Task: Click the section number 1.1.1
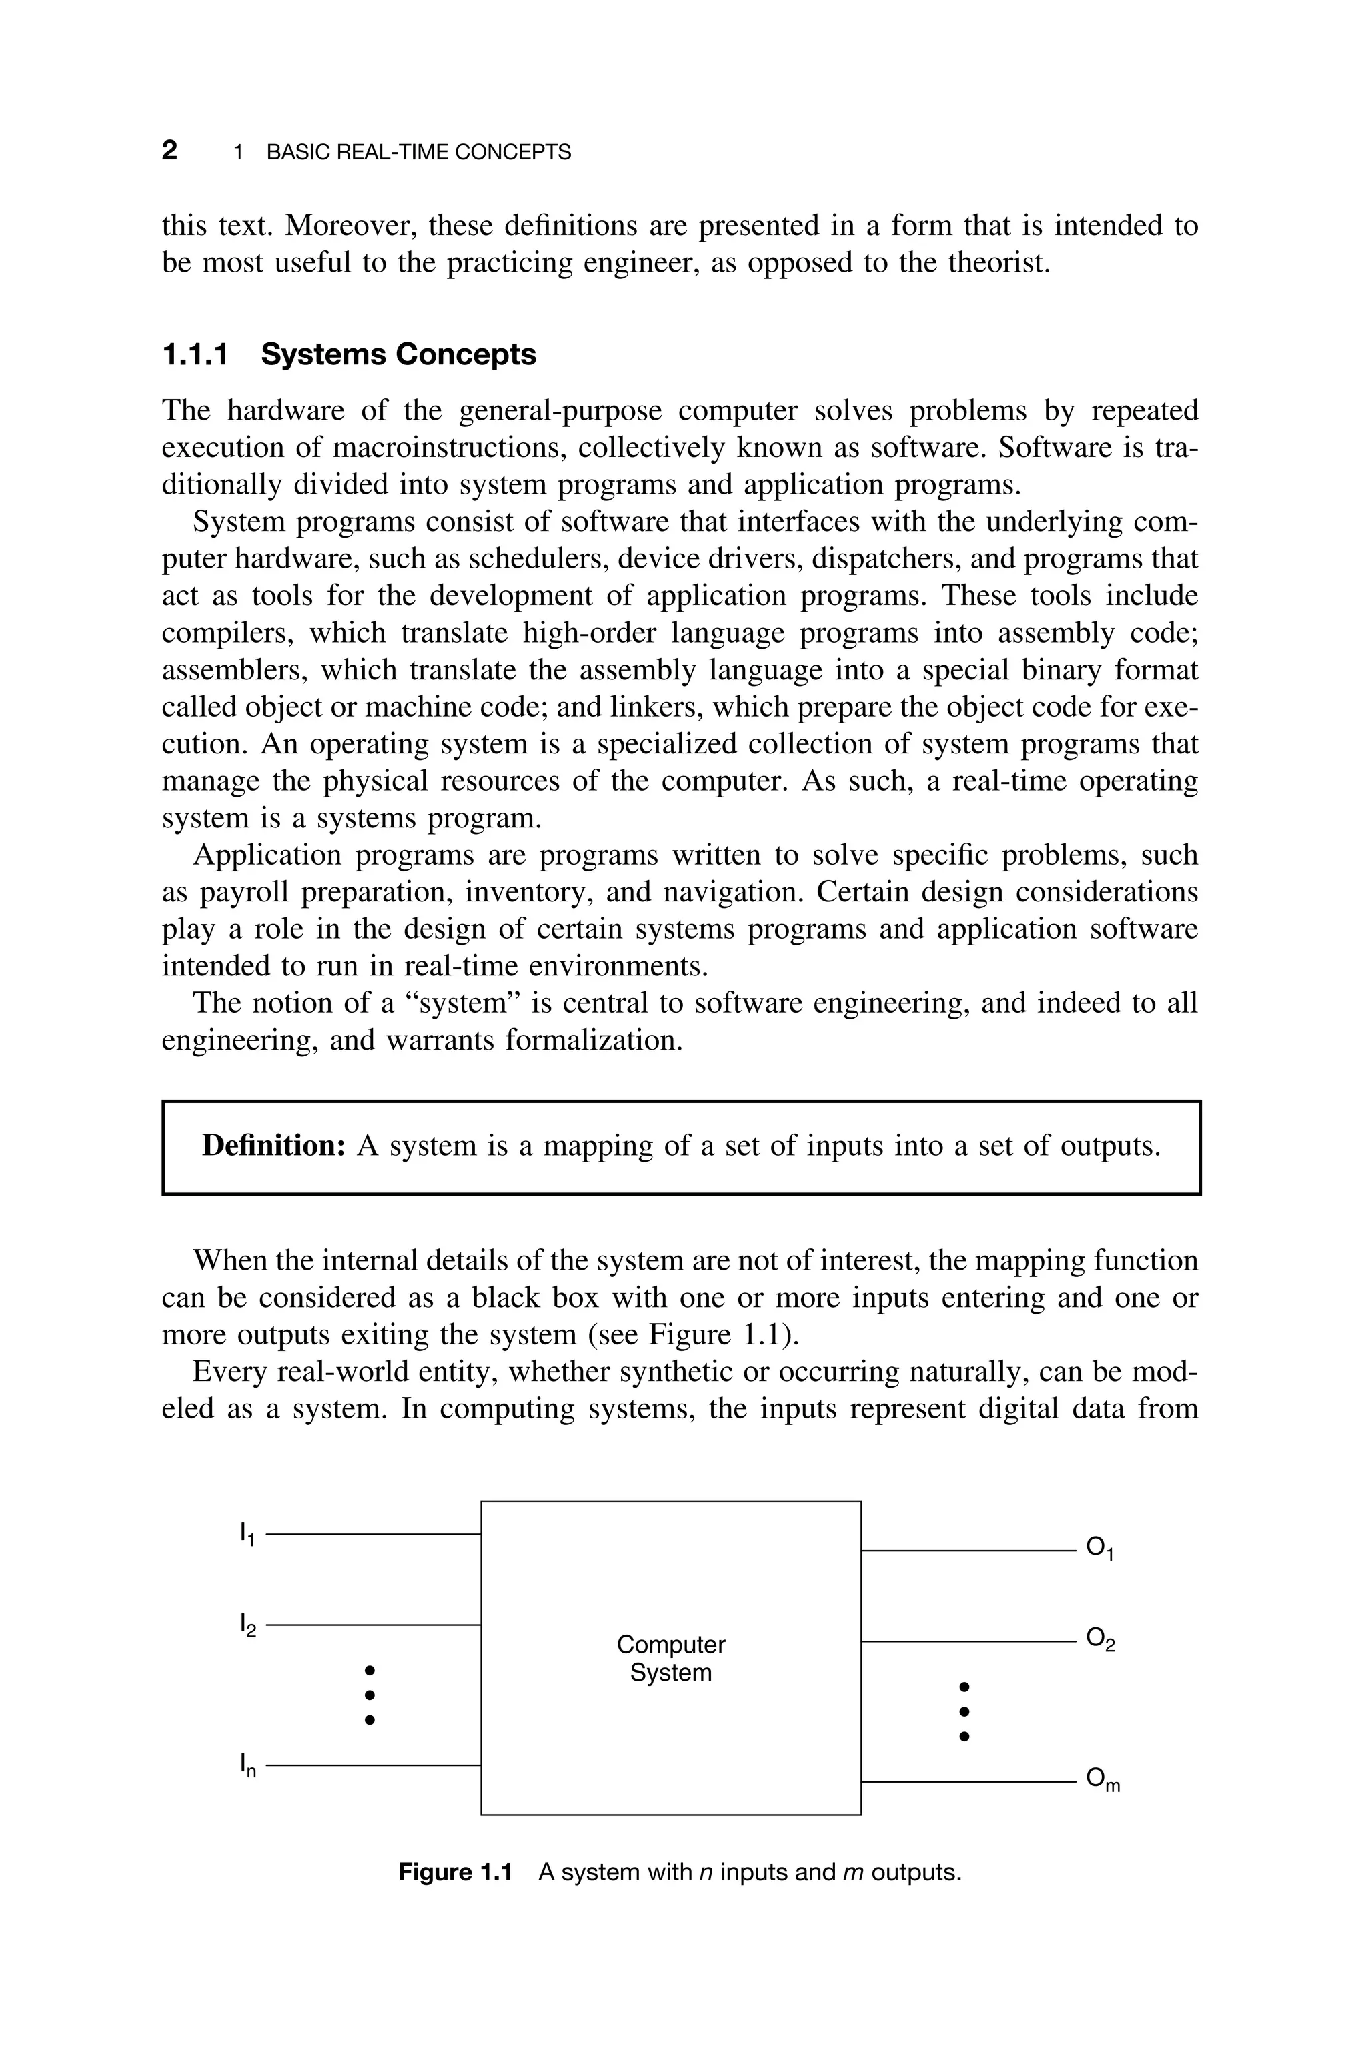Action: tap(195, 354)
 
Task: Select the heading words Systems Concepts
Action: tap(398, 354)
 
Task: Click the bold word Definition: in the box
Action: tap(274, 1145)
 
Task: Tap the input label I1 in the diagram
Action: tap(247, 1534)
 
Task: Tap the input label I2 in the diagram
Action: tap(247, 1625)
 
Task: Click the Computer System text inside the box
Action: tap(671, 1659)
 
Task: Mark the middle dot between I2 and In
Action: tap(370, 1695)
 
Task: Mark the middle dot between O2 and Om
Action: tap(964, 1710)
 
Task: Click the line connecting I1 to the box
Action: tap(373, 1533)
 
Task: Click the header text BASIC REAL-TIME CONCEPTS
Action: tap(418, 153)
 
